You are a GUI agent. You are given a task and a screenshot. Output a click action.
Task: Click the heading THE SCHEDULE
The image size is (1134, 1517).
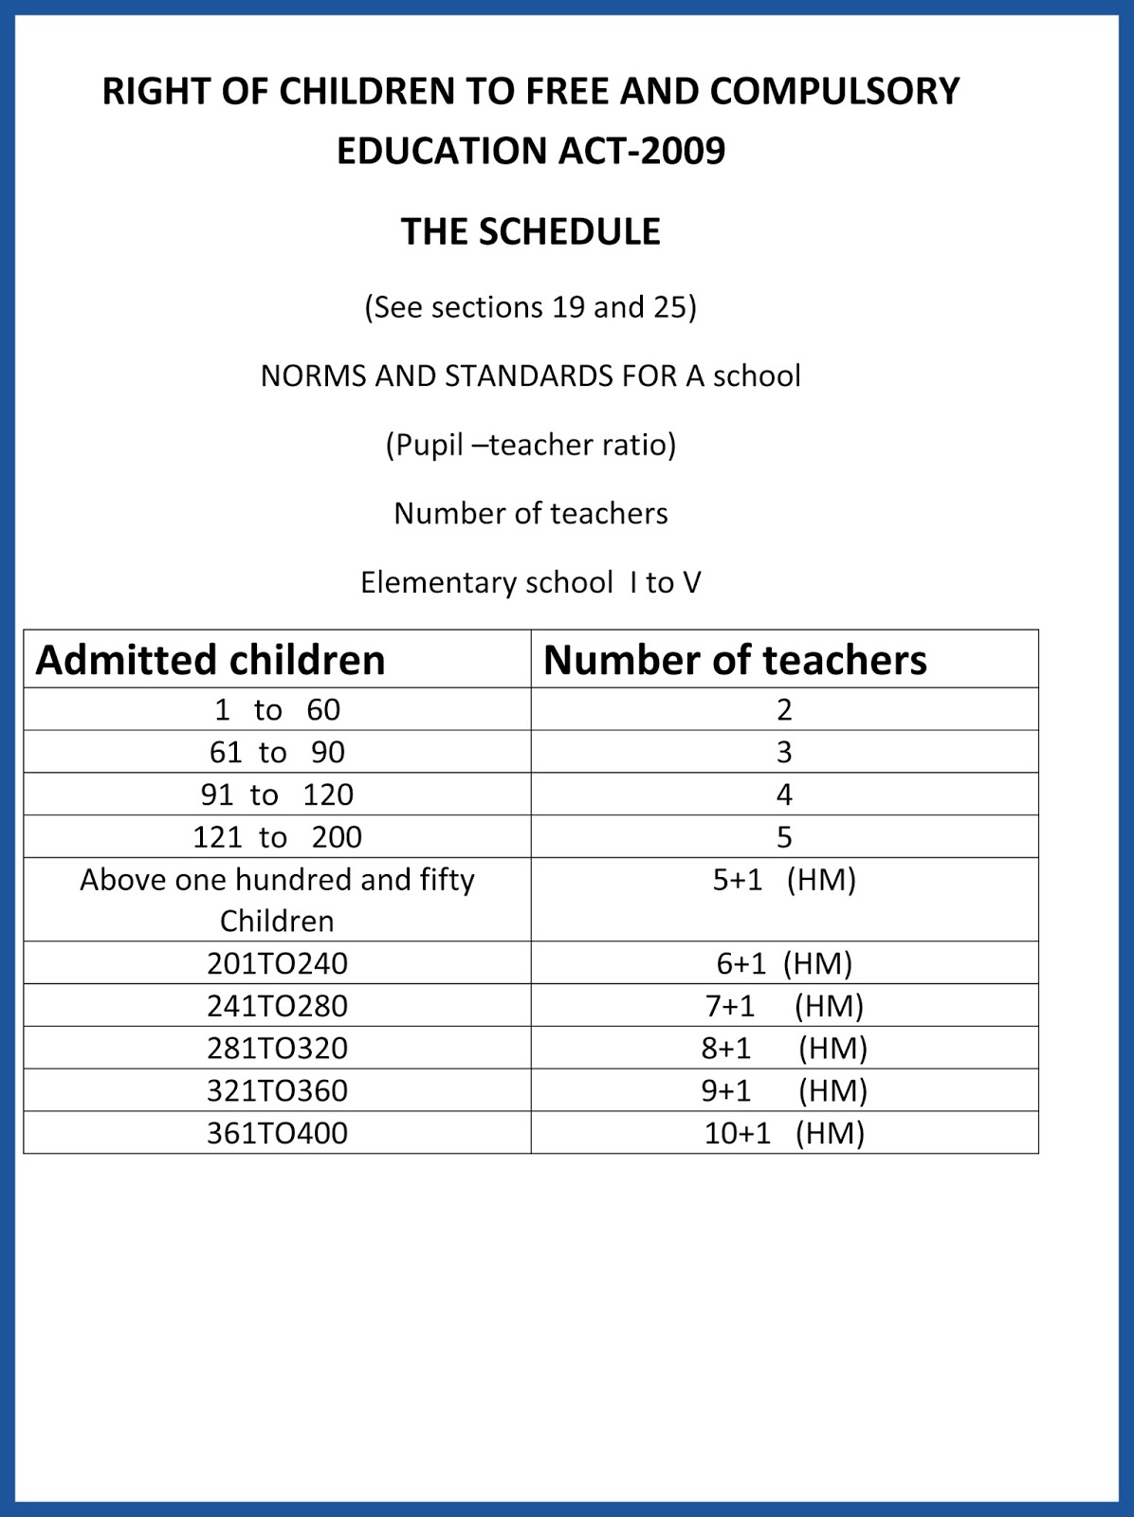pos(530,232)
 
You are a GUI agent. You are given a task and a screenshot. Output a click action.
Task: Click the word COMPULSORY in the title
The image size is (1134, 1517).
pos(834,92)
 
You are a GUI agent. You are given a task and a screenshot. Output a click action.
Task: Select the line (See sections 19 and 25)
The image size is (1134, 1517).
pos(530,307)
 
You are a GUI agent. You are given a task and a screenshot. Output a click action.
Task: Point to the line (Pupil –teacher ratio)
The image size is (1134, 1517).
pos(530,445)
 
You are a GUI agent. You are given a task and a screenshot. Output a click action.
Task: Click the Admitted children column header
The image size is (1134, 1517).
pos(210,660)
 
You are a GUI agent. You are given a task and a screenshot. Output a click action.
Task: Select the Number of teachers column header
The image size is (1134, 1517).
pos(735,660)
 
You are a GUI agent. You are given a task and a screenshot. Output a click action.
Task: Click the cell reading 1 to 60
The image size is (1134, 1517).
pos(277,709)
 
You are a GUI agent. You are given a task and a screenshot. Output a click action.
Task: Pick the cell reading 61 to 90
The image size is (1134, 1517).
pos(277,752)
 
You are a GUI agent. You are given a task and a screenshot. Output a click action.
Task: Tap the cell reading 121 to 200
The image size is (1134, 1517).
pos(277,837)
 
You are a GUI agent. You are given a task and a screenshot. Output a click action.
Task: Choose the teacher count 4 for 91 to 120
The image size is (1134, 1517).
pos(784,795)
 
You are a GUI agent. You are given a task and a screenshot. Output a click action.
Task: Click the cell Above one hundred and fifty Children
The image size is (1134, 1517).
pos(277,900)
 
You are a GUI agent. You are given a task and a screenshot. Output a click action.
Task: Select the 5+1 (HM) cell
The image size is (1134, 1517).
pos(784,880)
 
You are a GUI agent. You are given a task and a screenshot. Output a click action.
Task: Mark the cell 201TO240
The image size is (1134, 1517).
pos(277,963)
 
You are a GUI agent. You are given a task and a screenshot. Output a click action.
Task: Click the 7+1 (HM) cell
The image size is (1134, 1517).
pos(784,1006)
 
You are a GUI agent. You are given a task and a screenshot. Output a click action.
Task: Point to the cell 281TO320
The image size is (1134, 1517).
pos(277,1049)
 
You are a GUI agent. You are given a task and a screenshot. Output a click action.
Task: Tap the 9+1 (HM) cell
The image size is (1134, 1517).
pos(784,1091)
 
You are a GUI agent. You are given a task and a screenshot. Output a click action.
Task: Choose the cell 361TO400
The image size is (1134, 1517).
pos(277,1133)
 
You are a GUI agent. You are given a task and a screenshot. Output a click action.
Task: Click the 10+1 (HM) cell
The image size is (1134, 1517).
pos(784,1133)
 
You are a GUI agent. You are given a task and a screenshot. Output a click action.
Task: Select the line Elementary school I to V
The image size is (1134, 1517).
pos(530,582)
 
